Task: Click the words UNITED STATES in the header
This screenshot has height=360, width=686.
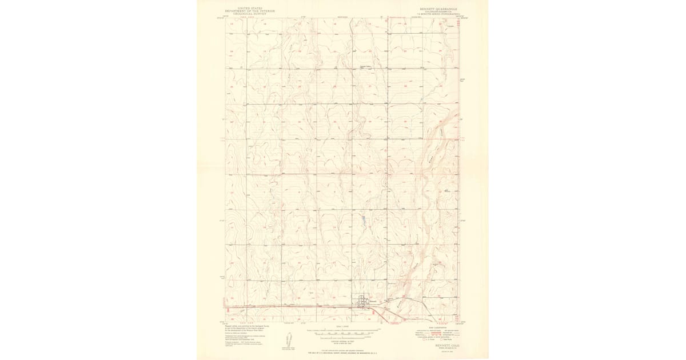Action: pyautogui.click(x=250, y=8)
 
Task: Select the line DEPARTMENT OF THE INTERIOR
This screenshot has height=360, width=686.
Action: pyautogui.click(x=250, y=11)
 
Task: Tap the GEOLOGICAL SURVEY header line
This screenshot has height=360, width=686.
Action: pyautogui.click(x=250, y=14)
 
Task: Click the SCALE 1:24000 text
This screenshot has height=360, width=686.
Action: pyautogui.click(x=343, y=327)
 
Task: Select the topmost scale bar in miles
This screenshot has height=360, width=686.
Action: pyautogui.click(x=343, y=330)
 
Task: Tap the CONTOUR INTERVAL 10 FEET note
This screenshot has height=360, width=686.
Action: pyautogui.click(x=343, y=340)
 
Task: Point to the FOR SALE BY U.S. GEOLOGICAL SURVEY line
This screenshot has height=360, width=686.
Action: pyautogui.click(x=343, y=353)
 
